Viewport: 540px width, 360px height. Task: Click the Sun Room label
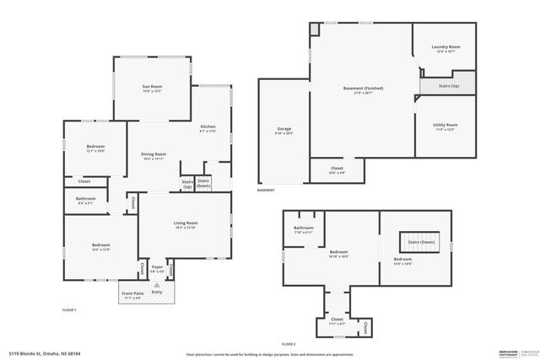152,86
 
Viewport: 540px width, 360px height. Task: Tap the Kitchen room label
208,126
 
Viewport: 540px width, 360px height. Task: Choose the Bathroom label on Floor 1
86,199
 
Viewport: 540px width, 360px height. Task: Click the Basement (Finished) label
364,88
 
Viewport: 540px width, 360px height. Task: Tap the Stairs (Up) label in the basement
450,85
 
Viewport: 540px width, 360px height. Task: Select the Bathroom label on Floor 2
304,228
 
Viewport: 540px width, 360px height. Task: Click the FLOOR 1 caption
70,310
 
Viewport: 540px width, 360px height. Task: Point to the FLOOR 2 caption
289,344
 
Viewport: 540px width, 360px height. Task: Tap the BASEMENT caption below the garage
266,191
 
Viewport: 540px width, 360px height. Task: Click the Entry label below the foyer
157,292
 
